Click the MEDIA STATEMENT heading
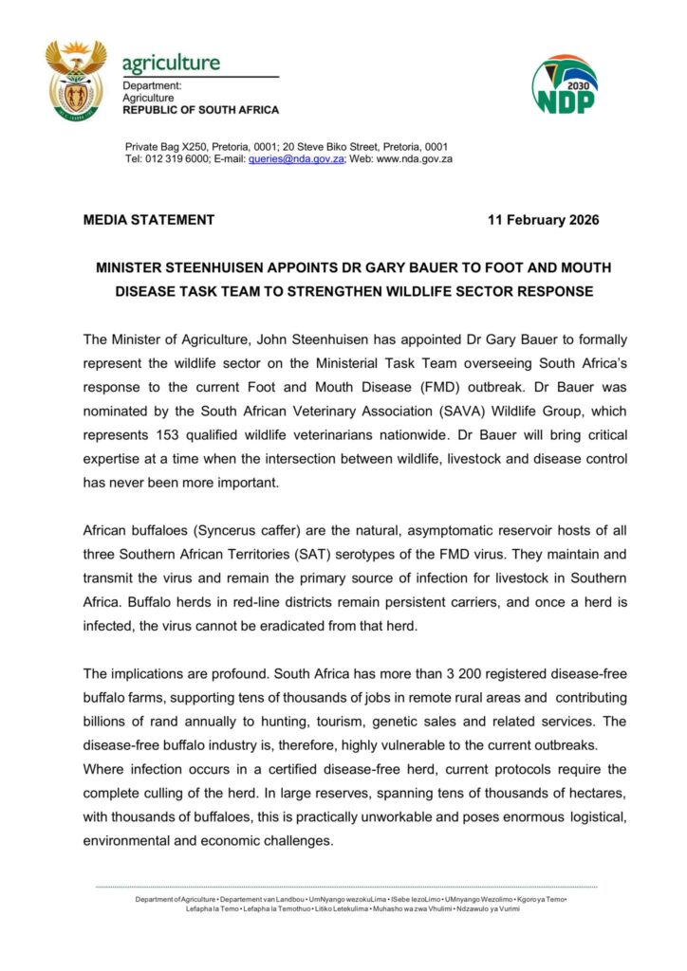(149, 220)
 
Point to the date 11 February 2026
(543, 220)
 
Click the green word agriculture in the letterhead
(171, 64)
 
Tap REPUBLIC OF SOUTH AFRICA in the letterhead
(200, 110)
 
